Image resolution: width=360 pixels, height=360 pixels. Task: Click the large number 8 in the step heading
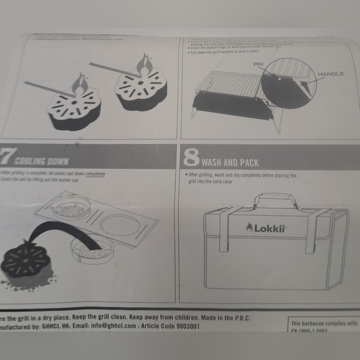coord(191,158)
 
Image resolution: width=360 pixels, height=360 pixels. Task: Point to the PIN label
coord(260,64)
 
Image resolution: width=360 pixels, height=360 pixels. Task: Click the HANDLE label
coord(330,74)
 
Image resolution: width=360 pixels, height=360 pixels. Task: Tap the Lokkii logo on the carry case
coord(266,227)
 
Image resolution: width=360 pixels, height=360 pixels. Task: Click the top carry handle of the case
coord(277,198)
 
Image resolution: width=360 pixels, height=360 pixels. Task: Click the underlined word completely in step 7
coord(91,174)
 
